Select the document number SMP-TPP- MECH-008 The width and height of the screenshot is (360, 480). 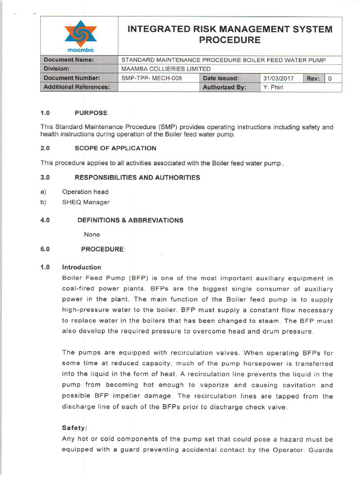pos(151,78)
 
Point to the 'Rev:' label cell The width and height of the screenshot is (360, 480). pos(313,78)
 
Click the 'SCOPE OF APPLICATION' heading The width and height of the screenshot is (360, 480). pos(115,148)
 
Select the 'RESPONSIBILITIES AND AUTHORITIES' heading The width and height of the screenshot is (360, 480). pos(137,178)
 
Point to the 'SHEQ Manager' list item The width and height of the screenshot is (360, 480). pos(86,202)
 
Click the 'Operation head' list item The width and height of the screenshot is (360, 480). pos(85,192)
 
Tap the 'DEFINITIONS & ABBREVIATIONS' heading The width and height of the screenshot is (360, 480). pos(130,220)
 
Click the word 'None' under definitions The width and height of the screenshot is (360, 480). pos(91,234)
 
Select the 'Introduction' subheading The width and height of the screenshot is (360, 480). pos(82,267)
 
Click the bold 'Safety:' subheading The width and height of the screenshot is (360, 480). pos(75,428)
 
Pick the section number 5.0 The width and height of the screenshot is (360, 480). pos(45,249)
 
